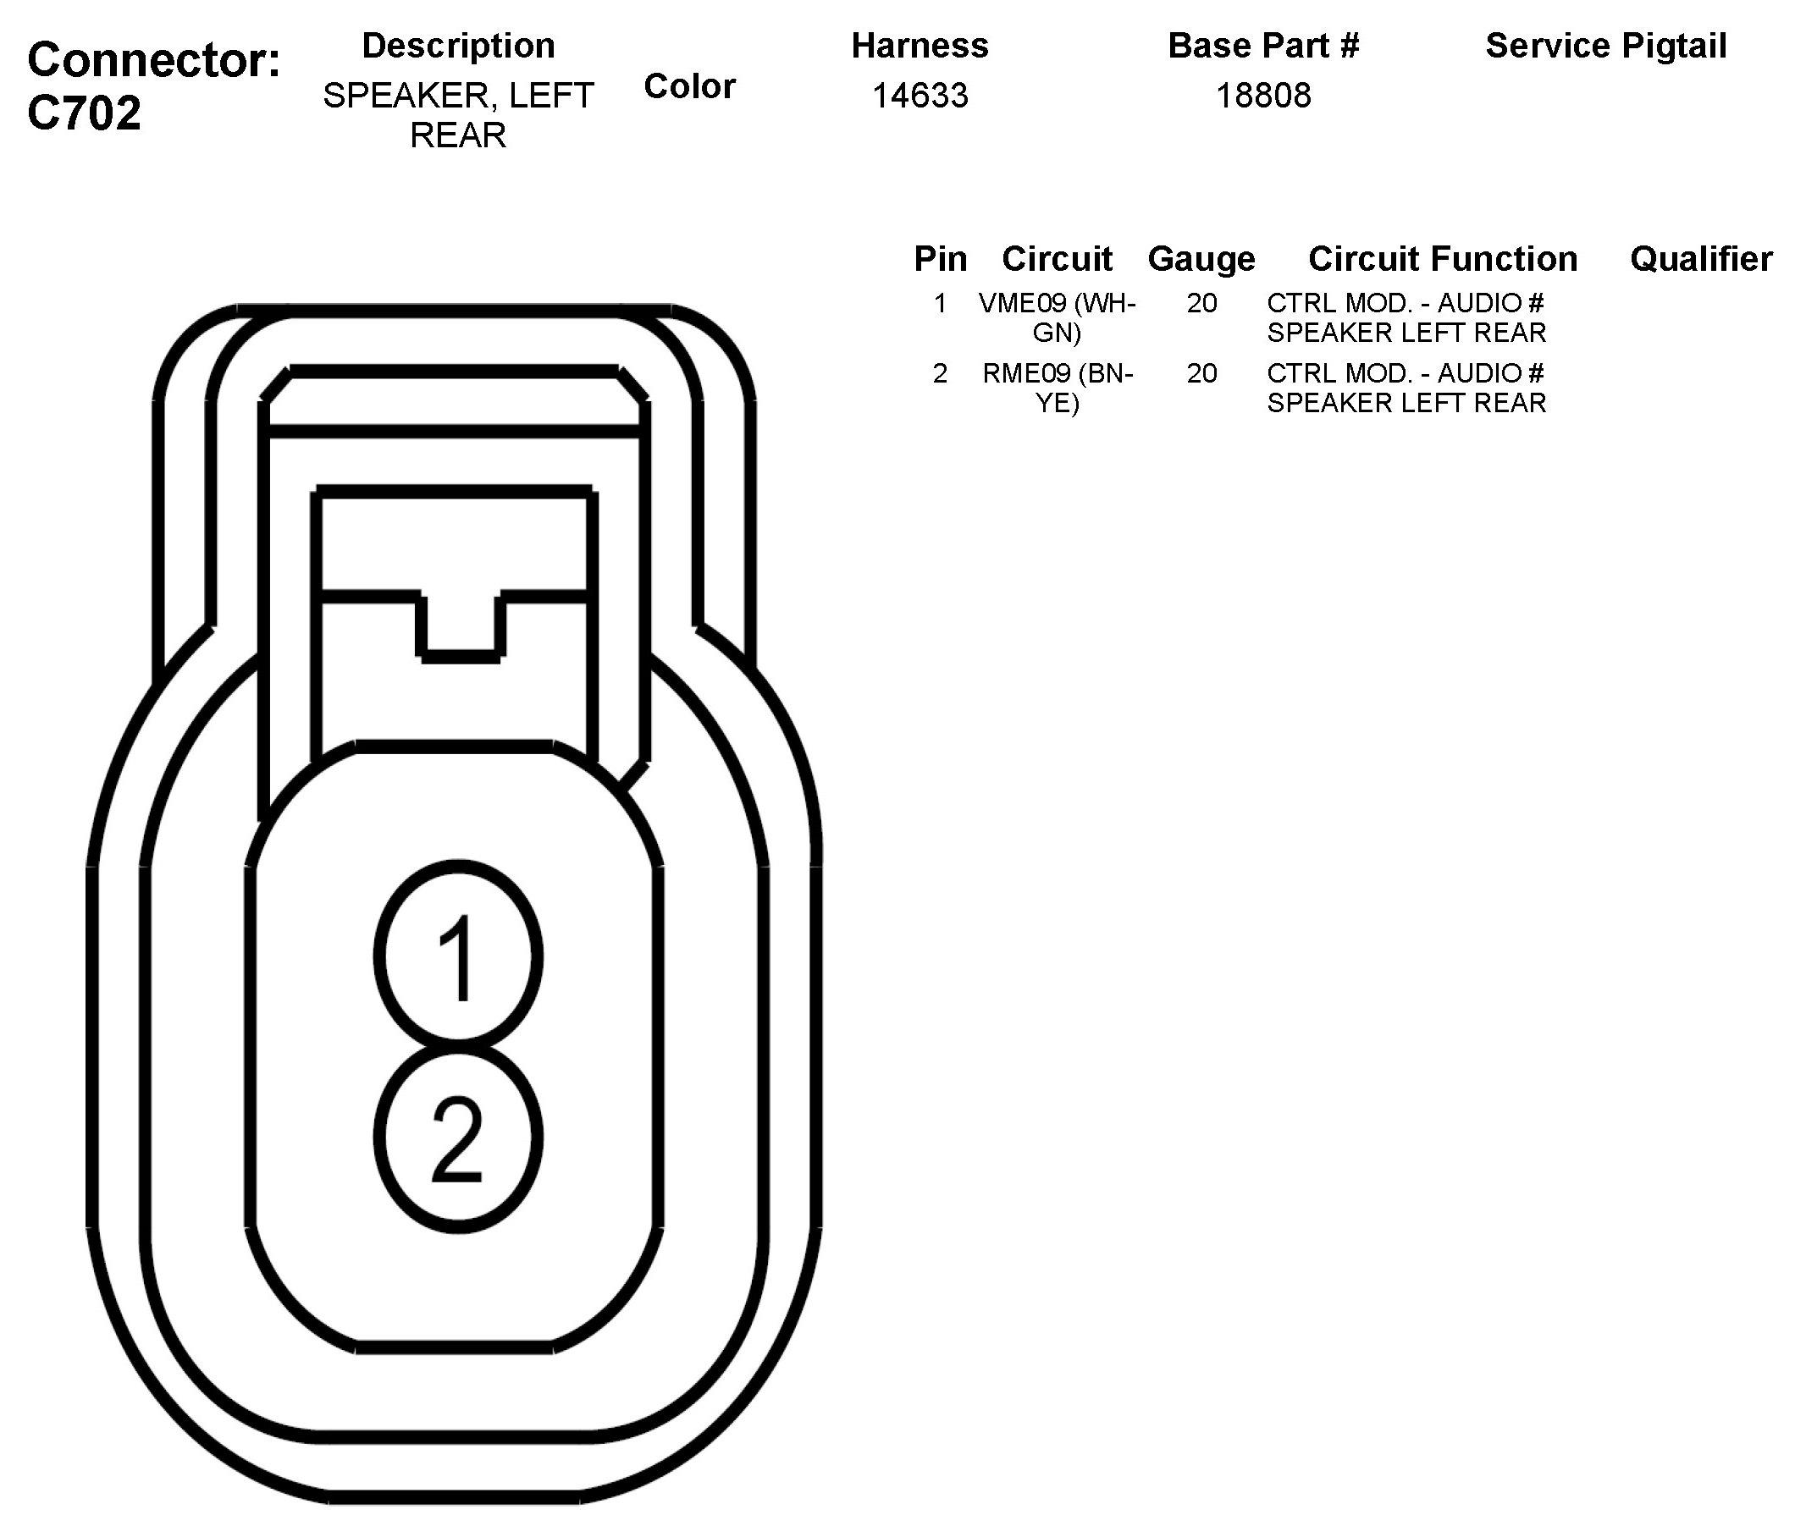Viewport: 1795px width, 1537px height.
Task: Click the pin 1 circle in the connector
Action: [x=459, y=955]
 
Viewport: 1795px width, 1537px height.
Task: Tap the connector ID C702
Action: [x=84, y=113]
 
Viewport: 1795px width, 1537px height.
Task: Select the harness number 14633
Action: [x=920, y=96]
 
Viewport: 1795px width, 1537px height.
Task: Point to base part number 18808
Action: [x=1263, y=96]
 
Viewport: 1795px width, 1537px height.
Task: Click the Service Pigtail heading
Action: [x=1605, y=46]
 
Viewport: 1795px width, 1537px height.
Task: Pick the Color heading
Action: [x=689, y=86]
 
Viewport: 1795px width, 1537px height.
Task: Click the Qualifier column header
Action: [x=1700, y=259]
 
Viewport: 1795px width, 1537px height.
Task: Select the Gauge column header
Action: [x=1201, y=259]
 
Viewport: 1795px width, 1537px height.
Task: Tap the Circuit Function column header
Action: [x=1443, y=259]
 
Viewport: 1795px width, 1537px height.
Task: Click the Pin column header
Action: [x=940, y=259]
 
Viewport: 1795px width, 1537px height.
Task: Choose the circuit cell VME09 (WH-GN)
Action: [x=1057, y=317]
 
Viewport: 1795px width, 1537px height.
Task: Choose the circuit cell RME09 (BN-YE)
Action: [x=1057, y=387]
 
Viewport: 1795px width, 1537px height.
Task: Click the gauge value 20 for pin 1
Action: [x=1201, y=303]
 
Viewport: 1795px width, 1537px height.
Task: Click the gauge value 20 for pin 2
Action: [x=1201, y=373]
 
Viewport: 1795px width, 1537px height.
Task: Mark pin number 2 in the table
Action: [x=940, y=373]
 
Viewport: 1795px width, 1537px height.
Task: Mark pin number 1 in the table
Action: [x=940, y=303]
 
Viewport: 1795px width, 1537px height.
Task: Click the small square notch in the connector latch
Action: [x=460, y=625]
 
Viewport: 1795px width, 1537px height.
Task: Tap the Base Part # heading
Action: [x=1263, y=46]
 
